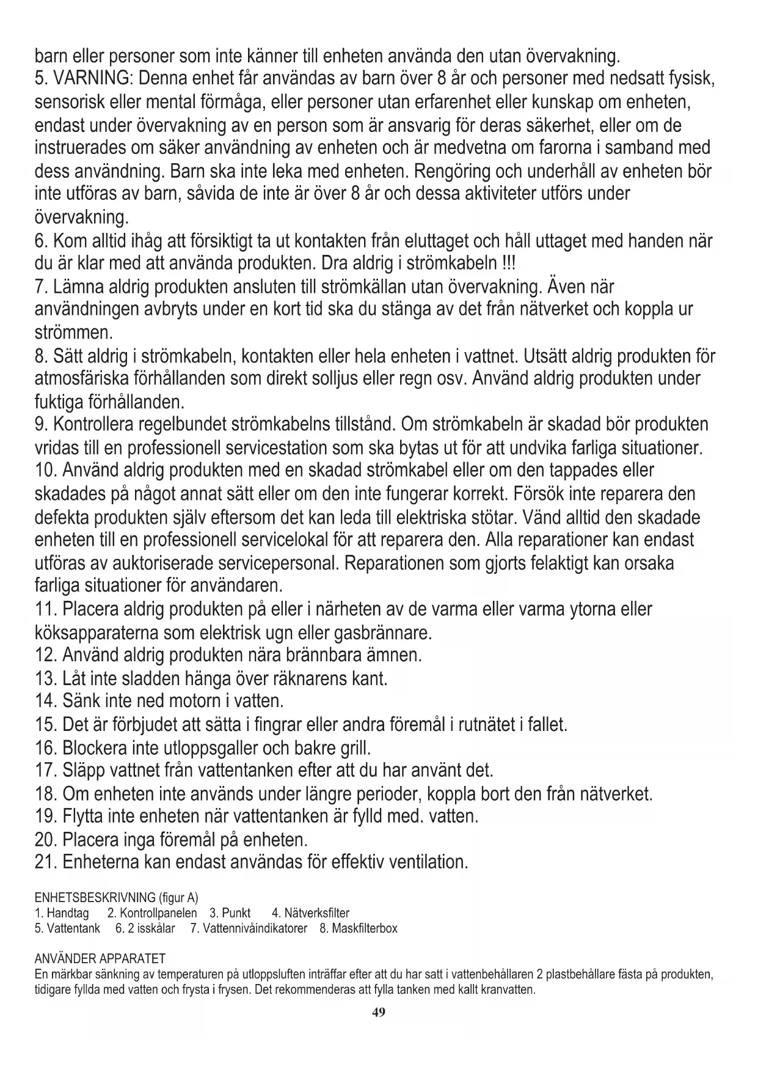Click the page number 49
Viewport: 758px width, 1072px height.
379,1012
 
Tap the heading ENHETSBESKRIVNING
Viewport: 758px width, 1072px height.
95,898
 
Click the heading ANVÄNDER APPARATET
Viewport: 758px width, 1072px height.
100,958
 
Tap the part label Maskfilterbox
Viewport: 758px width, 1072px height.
364,928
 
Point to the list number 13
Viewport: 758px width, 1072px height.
46,678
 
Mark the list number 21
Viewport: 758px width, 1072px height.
46,862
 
